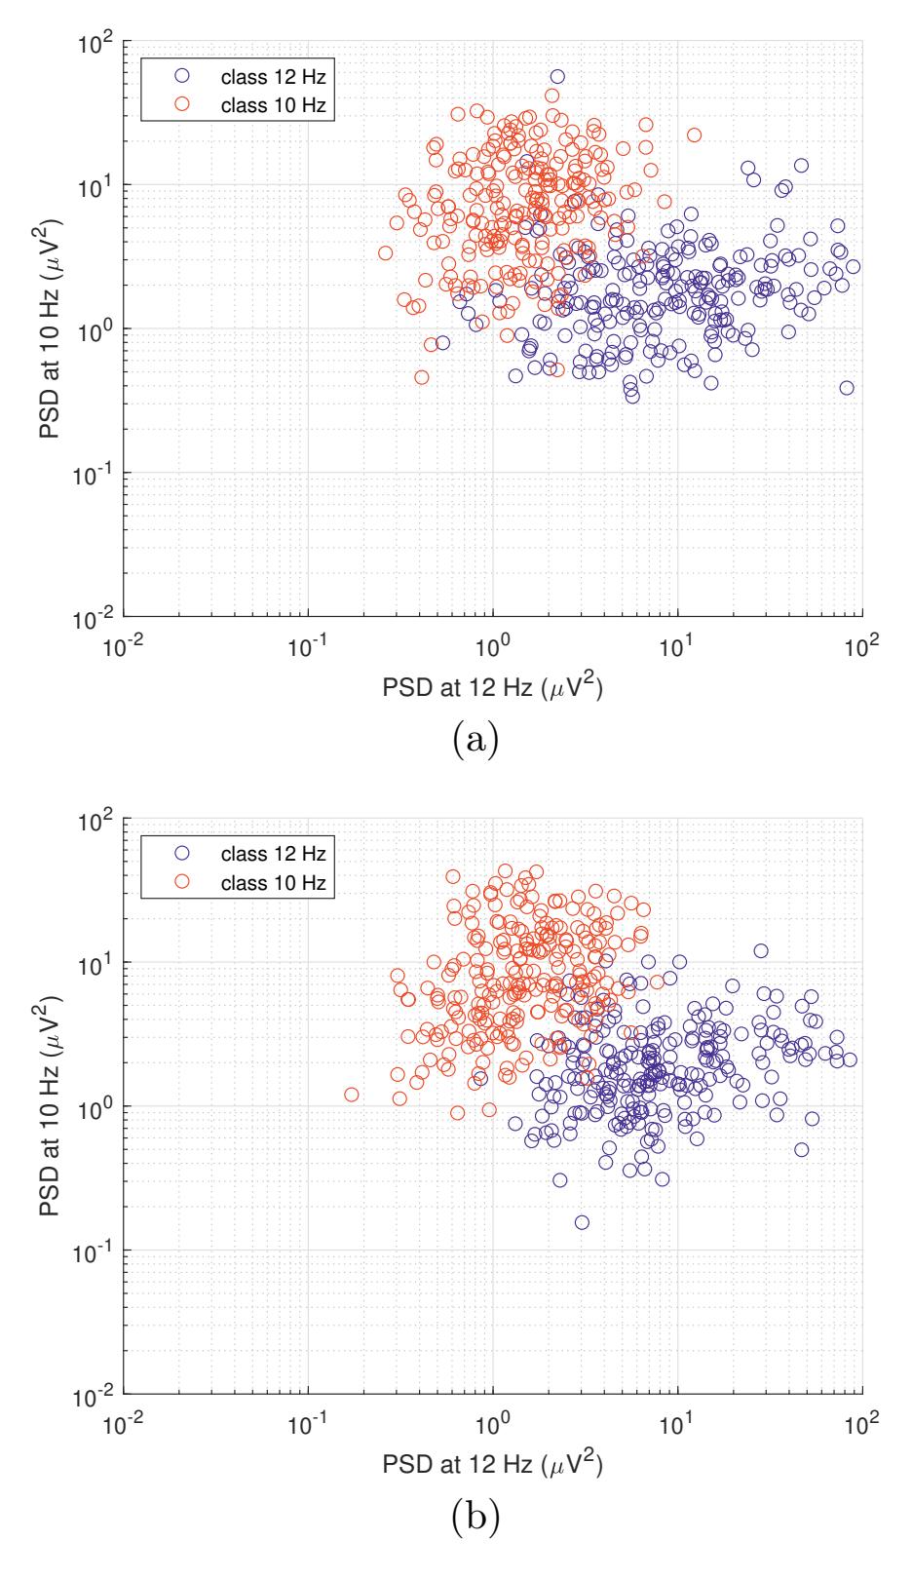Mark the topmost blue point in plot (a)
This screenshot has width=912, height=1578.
click(557, 76)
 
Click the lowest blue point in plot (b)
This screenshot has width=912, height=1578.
click(582, 1222)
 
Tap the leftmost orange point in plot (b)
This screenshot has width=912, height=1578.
click(352, 1095)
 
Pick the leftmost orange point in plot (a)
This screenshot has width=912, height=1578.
click(386, 253)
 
